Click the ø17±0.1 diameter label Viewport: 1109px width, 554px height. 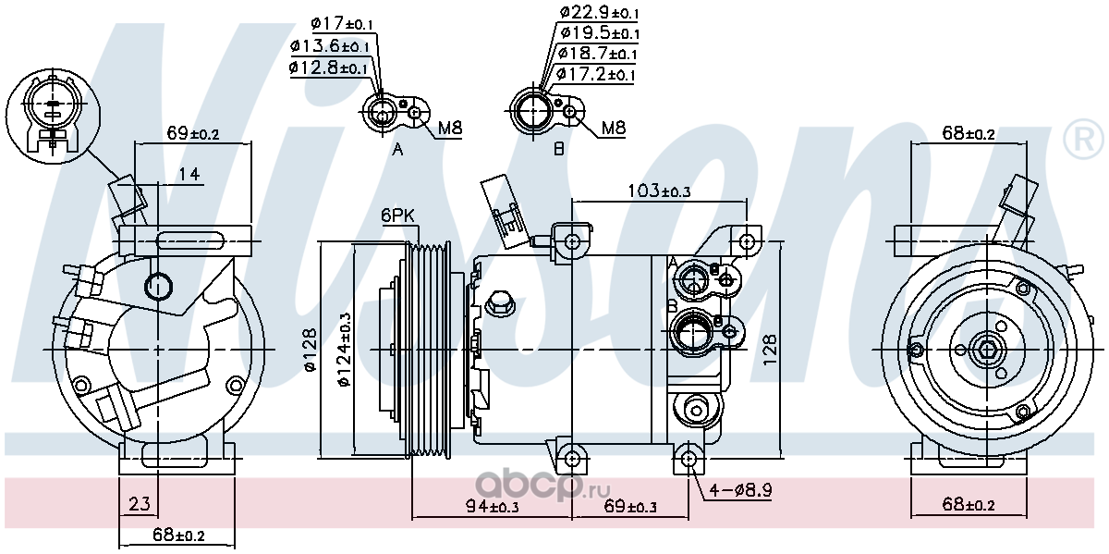coord(342,23)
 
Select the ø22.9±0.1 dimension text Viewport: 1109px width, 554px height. coord(599,12)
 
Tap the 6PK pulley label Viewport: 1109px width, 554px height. coord(397,215)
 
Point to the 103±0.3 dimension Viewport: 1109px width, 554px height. coord(659,191)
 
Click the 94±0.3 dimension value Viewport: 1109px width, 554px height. coord(492,506)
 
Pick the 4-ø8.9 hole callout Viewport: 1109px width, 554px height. coord(740,490)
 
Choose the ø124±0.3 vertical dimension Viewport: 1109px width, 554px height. coord(344,350)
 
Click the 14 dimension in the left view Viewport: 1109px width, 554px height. coord(189,174)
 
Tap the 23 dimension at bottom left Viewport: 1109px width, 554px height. coord(140,504)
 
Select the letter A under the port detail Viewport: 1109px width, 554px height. coord(397,149)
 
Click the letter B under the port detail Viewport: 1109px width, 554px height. coord(558,149)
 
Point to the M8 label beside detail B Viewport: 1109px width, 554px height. coord(614,129)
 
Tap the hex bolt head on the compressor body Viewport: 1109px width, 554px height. coord(500,303)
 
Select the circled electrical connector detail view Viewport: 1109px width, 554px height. coord(53,116)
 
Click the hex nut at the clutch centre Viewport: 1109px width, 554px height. coord(987,351)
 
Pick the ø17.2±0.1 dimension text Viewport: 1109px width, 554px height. coord(595,74)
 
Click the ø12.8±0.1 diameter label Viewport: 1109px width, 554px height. coord(329,68)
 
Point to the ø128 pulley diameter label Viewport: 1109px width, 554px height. coord(311,350)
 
